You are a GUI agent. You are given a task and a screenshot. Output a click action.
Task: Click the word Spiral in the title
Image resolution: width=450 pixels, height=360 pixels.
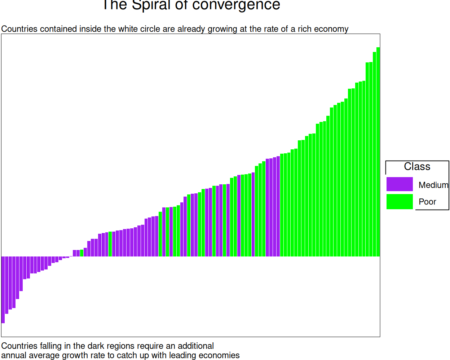[x=151, y=5]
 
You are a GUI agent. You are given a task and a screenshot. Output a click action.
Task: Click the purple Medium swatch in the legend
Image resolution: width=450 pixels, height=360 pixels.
[x=400, y=184]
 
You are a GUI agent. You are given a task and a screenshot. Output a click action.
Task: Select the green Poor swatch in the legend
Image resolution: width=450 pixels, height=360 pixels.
[x=400, y=202]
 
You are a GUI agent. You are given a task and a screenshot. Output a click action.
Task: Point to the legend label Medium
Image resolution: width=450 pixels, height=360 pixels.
[x=433, y=185]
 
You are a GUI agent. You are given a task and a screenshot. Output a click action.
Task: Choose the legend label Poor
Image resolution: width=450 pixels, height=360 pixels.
[x=427, y=202]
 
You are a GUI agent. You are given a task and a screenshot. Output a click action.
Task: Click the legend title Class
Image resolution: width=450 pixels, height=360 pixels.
[x=417, y=167]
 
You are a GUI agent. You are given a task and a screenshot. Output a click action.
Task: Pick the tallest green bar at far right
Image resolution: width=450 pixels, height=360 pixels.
[x=378, y=152]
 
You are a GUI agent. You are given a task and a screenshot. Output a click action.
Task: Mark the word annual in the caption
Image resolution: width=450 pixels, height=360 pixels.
[x=14, y=355]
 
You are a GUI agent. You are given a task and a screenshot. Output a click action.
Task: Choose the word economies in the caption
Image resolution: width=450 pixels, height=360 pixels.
[x=219, y=355]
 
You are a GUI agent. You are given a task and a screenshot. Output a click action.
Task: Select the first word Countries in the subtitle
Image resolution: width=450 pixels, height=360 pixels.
[x=19, y=29]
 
